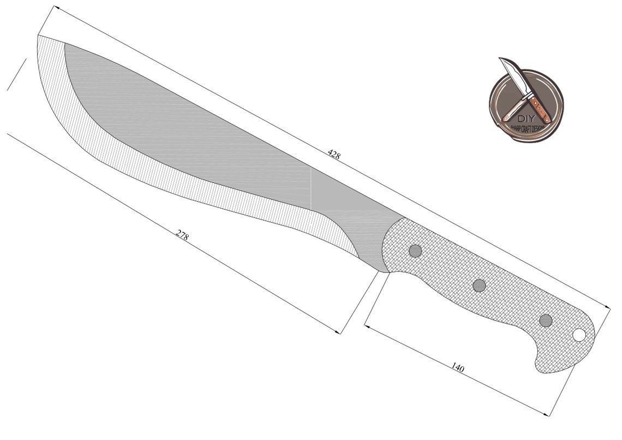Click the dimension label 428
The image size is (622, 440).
(x=334, y=154)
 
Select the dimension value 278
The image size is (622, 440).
(x=182, y=235)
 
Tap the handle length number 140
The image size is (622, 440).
(x=458, y=368)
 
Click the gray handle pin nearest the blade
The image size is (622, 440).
(x=415, y=251)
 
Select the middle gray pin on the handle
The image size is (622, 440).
(x=479, y=285)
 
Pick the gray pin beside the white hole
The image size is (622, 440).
(x=546, y=320)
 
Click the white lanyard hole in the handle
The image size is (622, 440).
(x=579, y=335)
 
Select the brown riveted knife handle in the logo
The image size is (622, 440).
(x=540, y=109)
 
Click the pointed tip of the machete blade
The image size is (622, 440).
(x=38, y=35)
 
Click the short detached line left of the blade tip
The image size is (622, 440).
(x=16, y=74)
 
